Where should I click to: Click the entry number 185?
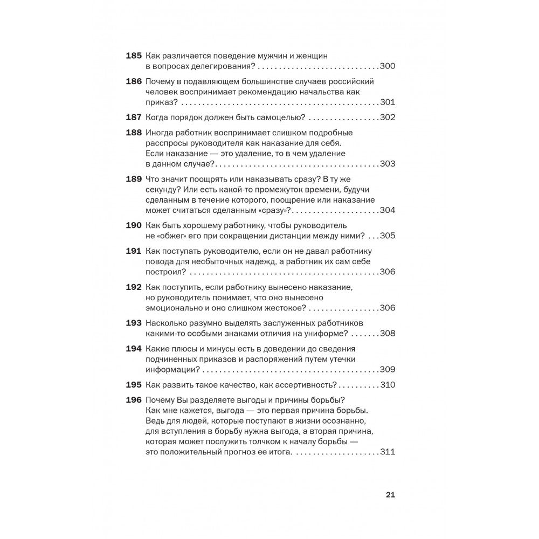point(133,56)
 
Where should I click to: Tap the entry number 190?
point(133,224)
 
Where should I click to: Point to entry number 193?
point(133,323)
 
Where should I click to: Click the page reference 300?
point(388,67)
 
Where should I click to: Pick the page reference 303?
point(388,164)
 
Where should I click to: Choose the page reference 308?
point(388,334)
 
